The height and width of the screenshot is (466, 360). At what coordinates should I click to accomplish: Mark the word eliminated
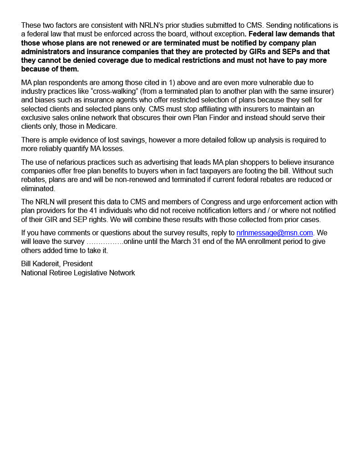click(38, 188)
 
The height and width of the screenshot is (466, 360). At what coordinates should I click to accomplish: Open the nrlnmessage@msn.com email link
click(274, 233)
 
